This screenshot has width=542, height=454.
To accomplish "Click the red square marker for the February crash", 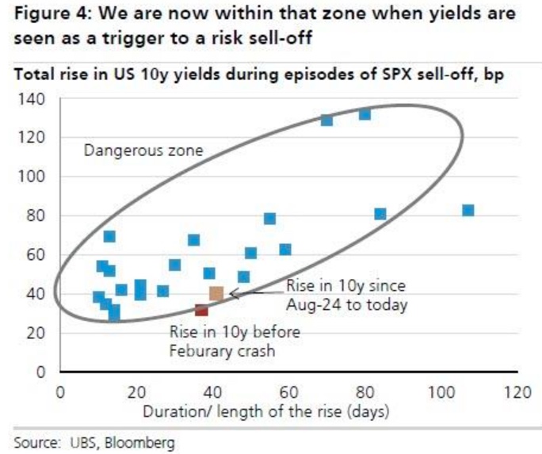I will (x=201, y=310).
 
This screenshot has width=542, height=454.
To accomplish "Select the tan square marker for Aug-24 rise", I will (x=216, y=294).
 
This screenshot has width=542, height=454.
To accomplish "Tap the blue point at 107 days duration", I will (x=468, y=211).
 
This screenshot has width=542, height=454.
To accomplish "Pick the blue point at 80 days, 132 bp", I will (x=365, y=115).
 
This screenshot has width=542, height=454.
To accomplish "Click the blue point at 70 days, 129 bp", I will (x=326, y=120).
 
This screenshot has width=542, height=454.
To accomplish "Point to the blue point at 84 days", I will (x=380, y=214).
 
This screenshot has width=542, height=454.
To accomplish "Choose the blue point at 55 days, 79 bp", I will (x=270, y=219).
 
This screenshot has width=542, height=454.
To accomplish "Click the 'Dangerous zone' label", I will (x=133, y=150).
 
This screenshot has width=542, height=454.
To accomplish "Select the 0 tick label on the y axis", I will (x=48, y=372).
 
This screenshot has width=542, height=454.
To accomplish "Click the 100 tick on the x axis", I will (x=441, y=392).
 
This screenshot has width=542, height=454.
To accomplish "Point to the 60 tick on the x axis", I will (x=288, y=392).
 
